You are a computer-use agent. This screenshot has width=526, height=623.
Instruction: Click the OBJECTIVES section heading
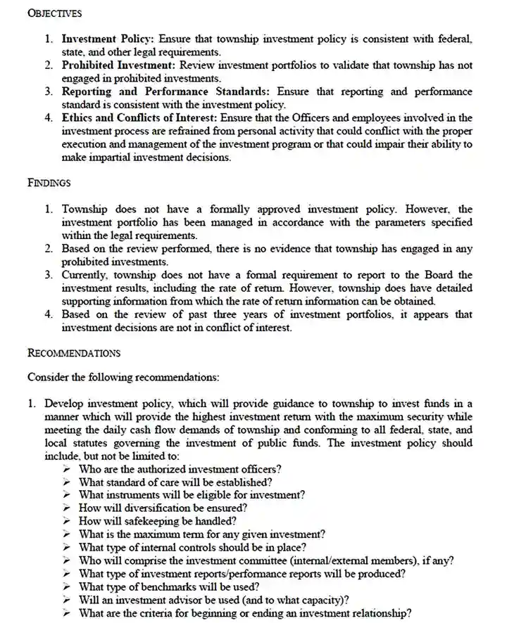tap(54, 13)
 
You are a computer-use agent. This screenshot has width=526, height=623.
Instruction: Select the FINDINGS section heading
tap(49, 183)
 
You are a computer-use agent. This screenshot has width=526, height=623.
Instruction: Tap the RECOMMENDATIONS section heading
tap(74, 353)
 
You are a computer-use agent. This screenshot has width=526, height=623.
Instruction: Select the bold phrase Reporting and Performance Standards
tap(166, 92)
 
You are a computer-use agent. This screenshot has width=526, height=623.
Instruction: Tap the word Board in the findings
tap(440, 275)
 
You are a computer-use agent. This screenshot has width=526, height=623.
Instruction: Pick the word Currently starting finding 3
tap(84, 275)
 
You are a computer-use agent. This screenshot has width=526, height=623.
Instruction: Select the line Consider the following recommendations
tap(123, 377)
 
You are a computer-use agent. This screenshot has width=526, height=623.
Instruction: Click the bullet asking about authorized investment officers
tap(180, 469)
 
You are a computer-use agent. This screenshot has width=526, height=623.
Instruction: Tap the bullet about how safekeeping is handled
tap(157, 521)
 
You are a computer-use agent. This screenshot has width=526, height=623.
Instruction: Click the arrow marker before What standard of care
tap(66, 482)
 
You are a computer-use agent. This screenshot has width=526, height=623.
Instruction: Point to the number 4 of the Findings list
tap(47, 314)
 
